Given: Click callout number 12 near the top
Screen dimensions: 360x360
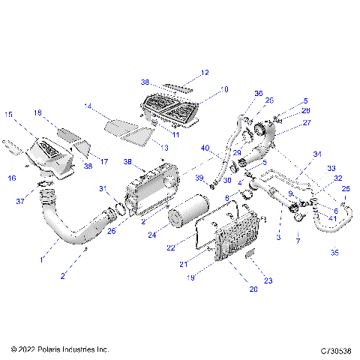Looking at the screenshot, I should (x=205, y=73).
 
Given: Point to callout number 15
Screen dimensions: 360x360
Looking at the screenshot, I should (x=10, y=115).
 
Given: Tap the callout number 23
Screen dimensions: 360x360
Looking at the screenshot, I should (x=268, y=280).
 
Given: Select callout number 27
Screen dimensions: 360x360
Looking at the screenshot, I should (x=307, y=123).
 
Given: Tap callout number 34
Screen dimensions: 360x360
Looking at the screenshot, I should (x=317, y=154).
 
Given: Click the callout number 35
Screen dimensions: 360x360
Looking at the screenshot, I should (x=334, y=253).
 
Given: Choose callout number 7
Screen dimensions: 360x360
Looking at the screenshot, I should (x=298, y=241).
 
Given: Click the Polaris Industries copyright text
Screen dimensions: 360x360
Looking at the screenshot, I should (x=61, y=349).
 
